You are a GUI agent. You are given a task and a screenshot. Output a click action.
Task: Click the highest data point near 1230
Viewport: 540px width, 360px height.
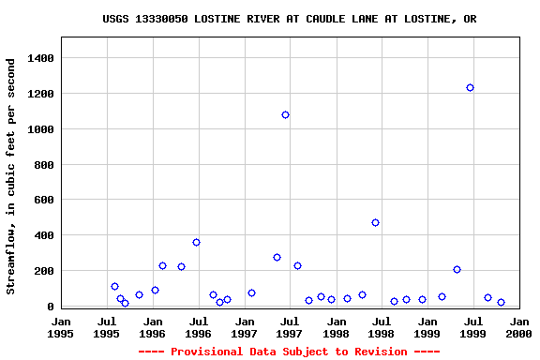click(x=470, y=87)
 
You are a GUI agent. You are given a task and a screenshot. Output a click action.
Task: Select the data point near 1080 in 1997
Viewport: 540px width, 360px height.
click(x=285, y=114)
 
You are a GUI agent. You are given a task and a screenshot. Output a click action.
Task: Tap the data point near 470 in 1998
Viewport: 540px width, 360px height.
click(x=375, y=222)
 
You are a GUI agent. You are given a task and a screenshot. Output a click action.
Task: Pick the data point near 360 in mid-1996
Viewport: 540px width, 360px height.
click(x=196, y=242)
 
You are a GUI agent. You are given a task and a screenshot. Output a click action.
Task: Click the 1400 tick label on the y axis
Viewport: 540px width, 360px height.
click(x=39, y=58)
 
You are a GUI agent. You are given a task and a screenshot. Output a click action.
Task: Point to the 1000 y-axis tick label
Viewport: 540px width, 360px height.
click(x=39, y=129)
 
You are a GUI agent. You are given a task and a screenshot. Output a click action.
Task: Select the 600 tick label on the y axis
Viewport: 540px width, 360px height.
click(x=43, y=200)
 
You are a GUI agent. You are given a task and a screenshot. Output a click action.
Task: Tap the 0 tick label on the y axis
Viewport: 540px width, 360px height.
click(x=51, y=307)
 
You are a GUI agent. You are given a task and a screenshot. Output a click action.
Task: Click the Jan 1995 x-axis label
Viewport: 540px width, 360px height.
click(x=61, y=327)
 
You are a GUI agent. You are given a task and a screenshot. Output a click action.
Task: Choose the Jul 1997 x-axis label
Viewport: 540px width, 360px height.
click(x=290, y=327)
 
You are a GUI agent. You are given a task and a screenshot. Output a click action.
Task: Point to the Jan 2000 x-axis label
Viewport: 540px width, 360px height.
click(x=518, y=327)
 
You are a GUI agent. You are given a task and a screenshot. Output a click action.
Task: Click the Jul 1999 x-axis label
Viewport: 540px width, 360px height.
click(x=472, y=327)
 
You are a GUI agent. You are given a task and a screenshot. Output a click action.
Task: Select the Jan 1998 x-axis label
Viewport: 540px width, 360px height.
click(x=336, y=327)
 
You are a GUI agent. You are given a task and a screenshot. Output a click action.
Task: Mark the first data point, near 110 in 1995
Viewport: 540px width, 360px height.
click(x=114, y=286)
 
